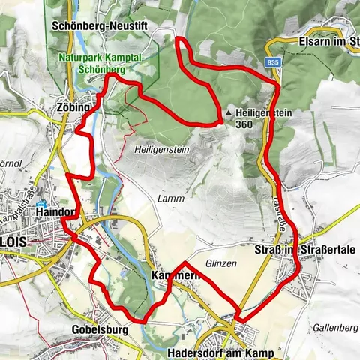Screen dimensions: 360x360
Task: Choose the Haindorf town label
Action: point(56,213)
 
